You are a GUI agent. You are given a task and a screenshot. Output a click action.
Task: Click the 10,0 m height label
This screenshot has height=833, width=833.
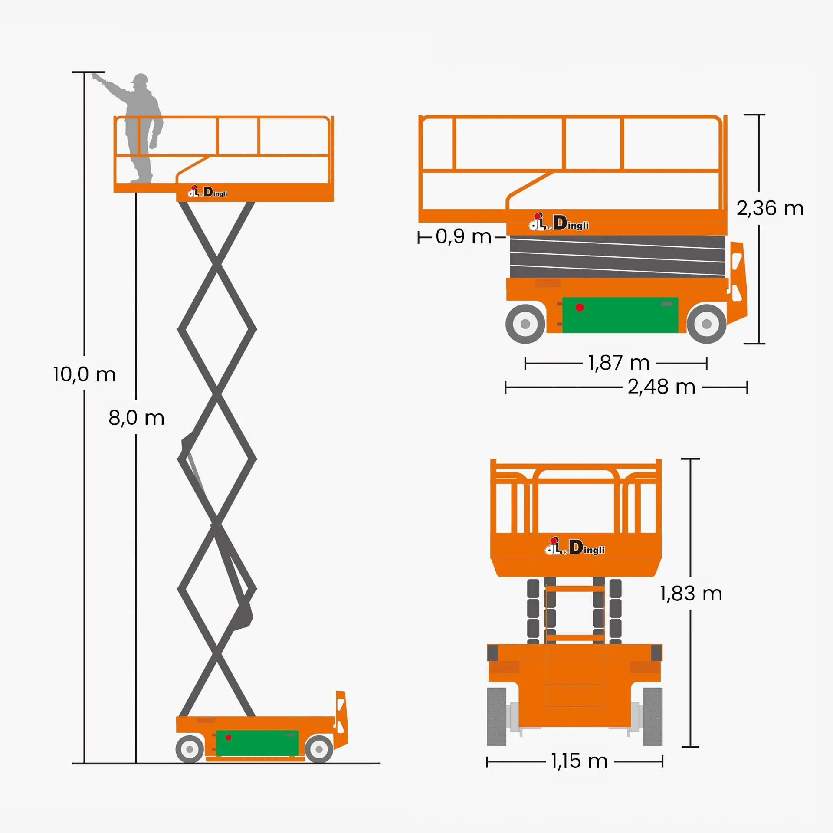coord(85,374)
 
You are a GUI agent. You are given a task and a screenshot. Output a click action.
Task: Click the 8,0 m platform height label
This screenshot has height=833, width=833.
coord(136,418)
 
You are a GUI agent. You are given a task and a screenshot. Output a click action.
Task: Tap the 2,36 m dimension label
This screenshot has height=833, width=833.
coord(770,208)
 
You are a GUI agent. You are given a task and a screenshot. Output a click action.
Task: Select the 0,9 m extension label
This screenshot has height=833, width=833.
coord(463,236)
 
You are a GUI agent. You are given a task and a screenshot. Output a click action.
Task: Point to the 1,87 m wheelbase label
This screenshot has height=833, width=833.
coord(619,363)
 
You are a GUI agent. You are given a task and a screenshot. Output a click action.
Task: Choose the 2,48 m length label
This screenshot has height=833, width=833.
coord(661,387)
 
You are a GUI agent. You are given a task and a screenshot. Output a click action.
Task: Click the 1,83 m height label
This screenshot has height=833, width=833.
coord(691,594)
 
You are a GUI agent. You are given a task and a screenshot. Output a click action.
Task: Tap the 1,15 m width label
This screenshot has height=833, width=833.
coord(579,761)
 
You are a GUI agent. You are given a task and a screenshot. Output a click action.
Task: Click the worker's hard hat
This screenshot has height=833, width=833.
coord(140,79)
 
